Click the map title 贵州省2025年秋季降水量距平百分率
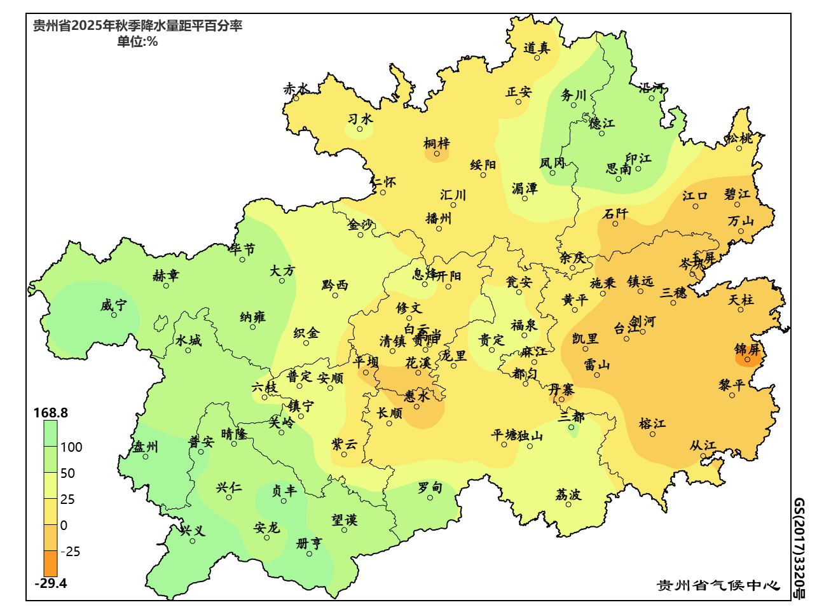[x=137, y=26]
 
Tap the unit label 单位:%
[x=137, y=42]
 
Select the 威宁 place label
[x=113, y=305]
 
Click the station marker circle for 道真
[x=537, y=58]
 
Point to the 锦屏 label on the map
[x=747, y=349]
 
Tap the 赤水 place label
[x=296, y=89]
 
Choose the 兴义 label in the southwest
[x=193, y=530]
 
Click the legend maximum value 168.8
[x=51, y=413]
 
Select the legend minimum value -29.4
[x=51, y=583]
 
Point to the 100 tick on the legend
[x=71, y=447]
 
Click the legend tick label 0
[x=64, y=526]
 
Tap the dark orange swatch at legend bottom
[x=50, y=564]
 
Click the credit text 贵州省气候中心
[x=718, y=585]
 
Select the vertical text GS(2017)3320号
[x=799, y=548]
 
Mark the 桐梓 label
[x=437, y=143]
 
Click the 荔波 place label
[x=568, y=494]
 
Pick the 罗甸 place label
[x=430, y=487]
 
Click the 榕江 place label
[x=652, y=423]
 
